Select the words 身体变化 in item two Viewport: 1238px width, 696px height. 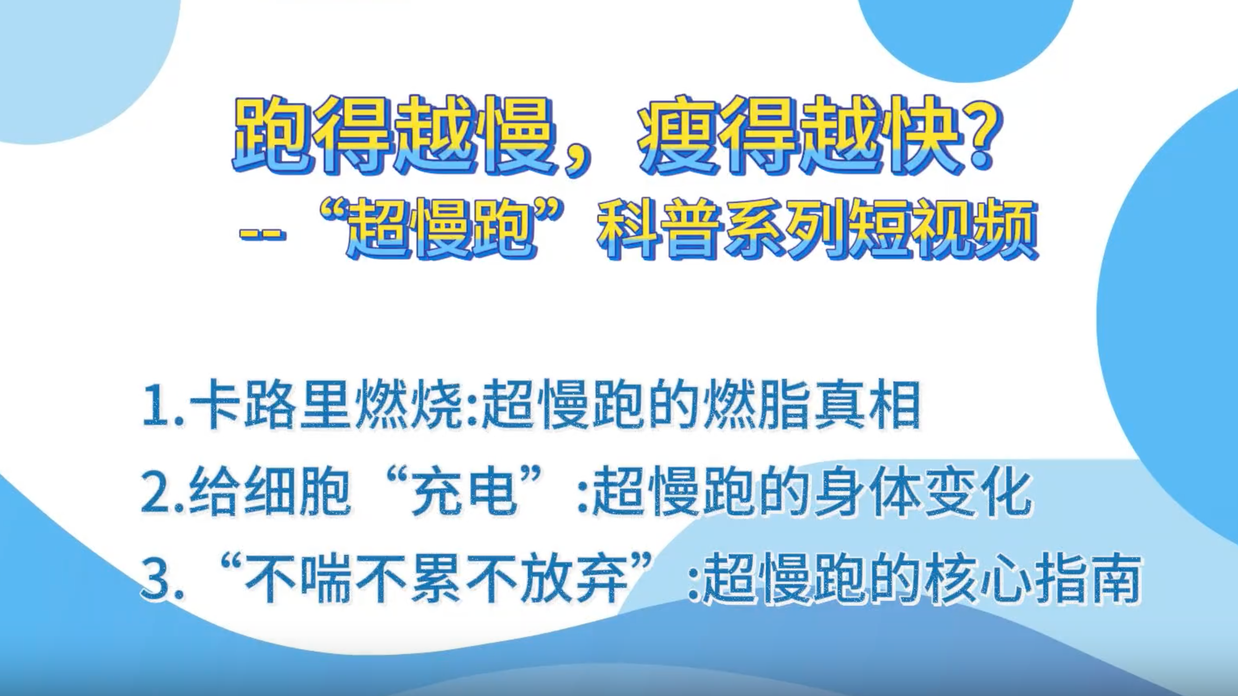click(x=922, y=492)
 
